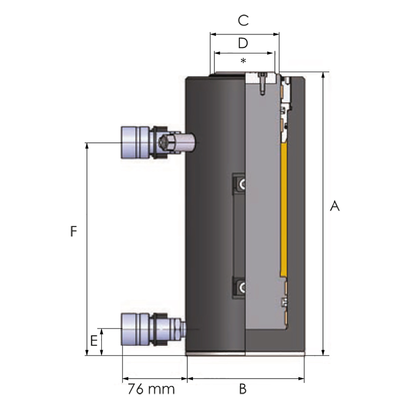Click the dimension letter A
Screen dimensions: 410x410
(335, 206)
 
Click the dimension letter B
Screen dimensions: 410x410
(243, 389)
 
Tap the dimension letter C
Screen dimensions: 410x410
(243, 20)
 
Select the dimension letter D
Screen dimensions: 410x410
(243, 43)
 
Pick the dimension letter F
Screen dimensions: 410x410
(73, 231)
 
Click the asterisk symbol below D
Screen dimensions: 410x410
(243, 61)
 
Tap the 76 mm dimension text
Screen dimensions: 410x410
(151, 389)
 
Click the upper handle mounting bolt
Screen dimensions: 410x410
(241, 184)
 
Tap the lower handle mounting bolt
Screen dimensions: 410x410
(241, 288)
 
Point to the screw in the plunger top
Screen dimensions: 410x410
(263, 84)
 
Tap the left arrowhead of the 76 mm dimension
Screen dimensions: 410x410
(125, 379)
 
